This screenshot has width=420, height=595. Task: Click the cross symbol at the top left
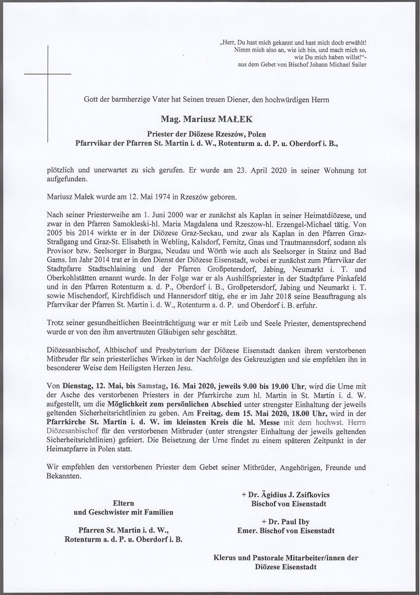[x=48, y=74]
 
